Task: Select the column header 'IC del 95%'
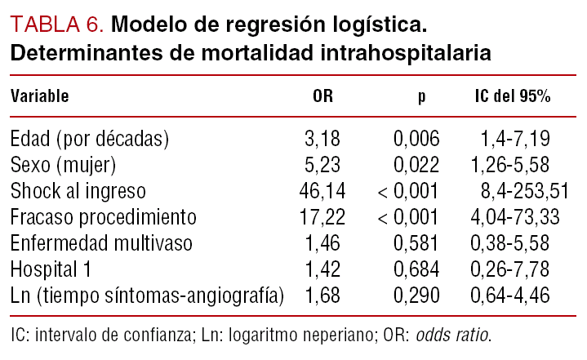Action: [512, 96]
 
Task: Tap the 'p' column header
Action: [421, 96]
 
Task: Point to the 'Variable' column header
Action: [39, 96]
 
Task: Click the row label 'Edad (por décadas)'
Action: [90, 139]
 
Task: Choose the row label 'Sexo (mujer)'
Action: [64, 165]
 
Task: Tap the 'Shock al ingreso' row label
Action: [78, 191]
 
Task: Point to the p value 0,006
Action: [416, 139]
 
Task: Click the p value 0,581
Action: [416, 243]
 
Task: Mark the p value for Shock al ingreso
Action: [408, 191]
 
